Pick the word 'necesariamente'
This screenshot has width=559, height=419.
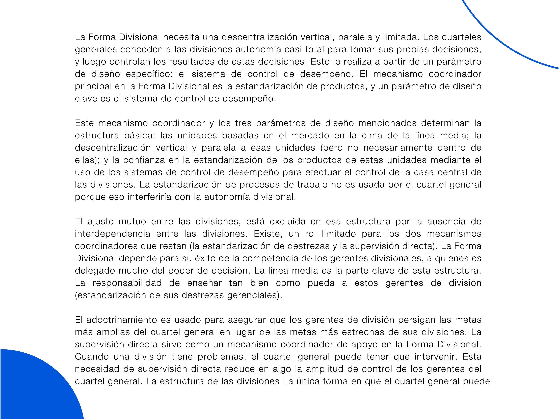point(398,148)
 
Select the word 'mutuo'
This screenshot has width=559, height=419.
point(132,222)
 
